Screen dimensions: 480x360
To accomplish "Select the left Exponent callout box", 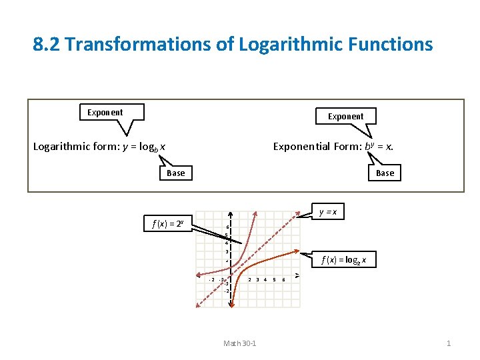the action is coord(105,112).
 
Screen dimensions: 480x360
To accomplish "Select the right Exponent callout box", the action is coord(345,116).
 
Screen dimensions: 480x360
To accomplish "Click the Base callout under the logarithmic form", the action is coord(176,173).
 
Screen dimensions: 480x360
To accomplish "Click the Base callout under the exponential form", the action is coord(385,173).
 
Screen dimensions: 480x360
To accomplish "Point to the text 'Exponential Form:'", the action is coord(317,147).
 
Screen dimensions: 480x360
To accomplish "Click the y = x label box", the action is coord(328,213).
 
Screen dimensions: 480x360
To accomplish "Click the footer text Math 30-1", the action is coord(240,343).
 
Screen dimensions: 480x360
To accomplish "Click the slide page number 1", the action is coord(449,343).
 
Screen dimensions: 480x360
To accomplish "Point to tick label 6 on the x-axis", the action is coord(284,279).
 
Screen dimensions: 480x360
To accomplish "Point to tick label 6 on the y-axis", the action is coord(227,227).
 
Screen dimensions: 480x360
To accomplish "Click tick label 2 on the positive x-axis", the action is coord(249,279).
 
